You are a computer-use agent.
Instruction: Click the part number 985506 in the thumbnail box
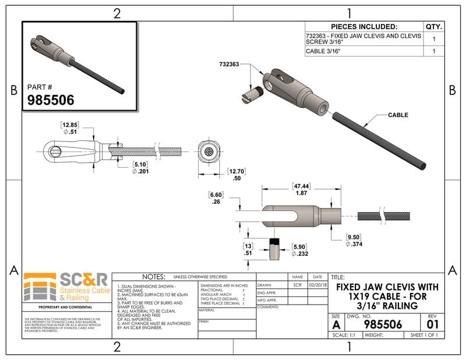51,100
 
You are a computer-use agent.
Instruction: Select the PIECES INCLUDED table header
364,27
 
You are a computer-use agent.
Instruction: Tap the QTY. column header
434,27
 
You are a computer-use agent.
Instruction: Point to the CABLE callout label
398,115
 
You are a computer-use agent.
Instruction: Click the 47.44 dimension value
301,187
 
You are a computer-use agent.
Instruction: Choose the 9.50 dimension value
353,237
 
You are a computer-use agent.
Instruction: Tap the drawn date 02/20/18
317,286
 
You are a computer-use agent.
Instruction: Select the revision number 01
432,324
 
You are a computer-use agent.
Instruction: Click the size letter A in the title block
336,324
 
